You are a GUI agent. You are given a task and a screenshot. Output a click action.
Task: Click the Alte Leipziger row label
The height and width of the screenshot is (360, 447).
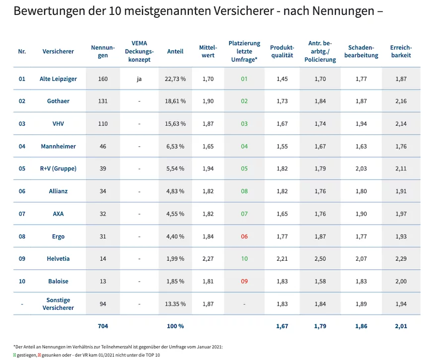pyautogui.click(x=58, y=79)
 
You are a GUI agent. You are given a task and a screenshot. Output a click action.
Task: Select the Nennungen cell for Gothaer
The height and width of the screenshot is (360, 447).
pyautogui.click(x=103, y=101)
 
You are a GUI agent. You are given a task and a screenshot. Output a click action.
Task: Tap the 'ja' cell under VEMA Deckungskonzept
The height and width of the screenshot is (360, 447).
pyautogui.click(x=139, y=79)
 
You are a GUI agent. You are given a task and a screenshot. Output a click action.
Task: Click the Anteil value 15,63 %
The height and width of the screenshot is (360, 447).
pyautogui.click(x=175, y=124)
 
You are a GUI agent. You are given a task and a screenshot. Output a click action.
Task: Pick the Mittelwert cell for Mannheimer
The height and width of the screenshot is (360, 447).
pyautogui.click(x=208, y=146)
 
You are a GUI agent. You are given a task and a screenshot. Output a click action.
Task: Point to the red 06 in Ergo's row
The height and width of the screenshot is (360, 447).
pyautogui.click(x=244, y=236)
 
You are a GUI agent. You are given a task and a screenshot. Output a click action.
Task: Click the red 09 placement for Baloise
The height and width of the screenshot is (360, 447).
pyautogui.click(x=244, y=282)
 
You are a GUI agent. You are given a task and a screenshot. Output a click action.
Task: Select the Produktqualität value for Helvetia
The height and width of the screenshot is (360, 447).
pyautogui.click(x=282, y=259)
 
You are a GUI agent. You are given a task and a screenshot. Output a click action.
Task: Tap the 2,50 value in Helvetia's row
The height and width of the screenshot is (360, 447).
pyautogui.click(x=320, y=259)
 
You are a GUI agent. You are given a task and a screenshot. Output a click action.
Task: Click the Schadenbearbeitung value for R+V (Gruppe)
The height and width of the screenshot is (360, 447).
pyautogui.click(x=361, y=169)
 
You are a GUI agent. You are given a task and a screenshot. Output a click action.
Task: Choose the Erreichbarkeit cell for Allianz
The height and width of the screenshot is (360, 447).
pyautogui.click(x=401, y=191)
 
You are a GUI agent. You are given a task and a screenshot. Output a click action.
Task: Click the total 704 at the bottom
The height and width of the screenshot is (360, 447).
pyautogui.click(x=103, y=326)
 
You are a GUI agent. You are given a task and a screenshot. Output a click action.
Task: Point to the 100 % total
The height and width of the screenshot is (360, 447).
pyautogui.click(x=175, y=326)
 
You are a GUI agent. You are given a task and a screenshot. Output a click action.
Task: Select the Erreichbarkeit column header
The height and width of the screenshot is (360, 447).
pyautogui.click(x=401, y=51)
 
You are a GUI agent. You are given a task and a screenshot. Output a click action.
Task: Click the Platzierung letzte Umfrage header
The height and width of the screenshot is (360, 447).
pyautogui.click(x=244, y=51)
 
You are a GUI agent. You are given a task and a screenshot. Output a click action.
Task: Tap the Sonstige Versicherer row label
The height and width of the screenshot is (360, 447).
pyautogui.click(x=58, y=304)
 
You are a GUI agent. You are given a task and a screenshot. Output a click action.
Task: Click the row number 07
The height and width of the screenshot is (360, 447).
pyautogui.click(x=22, y=214)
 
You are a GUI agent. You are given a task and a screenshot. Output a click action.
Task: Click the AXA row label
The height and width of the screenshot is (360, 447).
pyautogui.click(x=58, y=214)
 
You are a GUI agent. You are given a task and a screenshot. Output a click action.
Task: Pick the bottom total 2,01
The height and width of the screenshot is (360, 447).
pyautogui.click(x=401, y=326)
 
